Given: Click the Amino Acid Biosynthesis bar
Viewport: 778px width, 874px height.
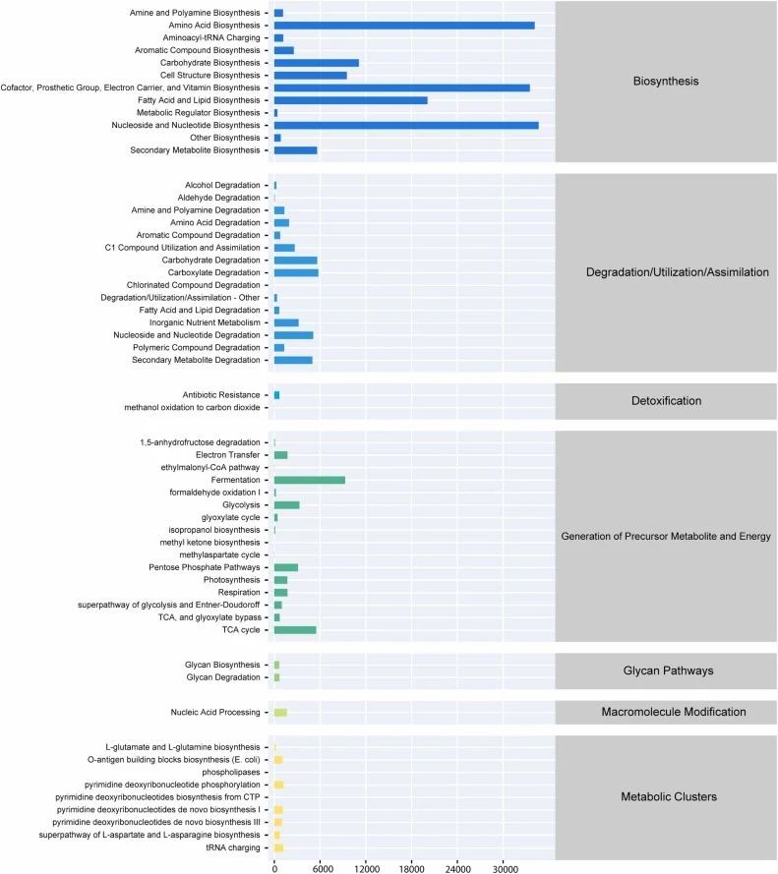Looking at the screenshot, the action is [x=404, y=26].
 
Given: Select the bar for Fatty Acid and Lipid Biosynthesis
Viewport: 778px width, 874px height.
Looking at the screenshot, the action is [x=351, y=100].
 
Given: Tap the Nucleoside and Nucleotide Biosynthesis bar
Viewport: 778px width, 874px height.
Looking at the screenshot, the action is [x=406, y=126].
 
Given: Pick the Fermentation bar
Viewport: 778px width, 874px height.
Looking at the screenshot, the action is [x=310, y=480].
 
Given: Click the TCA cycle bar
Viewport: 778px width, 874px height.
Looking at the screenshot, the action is [x=295, y=630].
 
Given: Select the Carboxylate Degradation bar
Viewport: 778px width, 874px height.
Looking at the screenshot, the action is [x=296, y=272].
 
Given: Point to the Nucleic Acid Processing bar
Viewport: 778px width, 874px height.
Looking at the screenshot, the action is [x=280, y=713].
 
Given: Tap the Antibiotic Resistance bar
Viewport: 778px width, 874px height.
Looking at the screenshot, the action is [x=276, y=395].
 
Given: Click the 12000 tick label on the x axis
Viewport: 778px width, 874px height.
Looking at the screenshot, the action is [x=367, y=868].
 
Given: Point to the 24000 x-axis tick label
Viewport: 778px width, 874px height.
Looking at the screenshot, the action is [x=458, y=868].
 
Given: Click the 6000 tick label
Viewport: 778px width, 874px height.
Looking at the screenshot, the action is [x=323, y=868].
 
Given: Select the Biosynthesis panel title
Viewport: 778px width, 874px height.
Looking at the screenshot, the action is [x=666, y=82].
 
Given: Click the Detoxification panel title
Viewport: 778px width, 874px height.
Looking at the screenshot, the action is [x=667, y=401].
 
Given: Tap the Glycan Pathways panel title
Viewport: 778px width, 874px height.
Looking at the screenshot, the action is [x=668, y=670].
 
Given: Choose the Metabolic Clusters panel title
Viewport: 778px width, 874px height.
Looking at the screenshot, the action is [x=669, y=796].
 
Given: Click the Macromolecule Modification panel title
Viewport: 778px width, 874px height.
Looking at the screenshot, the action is [x=674, y=712].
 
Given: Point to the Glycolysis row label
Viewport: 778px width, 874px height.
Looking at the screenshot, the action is [x=241, y=505].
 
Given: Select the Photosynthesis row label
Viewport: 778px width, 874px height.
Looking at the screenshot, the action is [x=231, y=580].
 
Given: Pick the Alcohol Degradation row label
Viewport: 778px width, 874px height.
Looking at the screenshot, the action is [x=222, y=185].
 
